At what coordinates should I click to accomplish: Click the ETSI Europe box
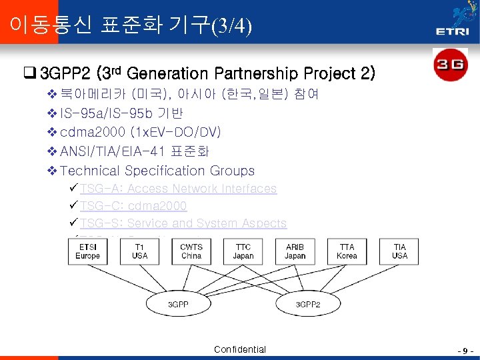pos(88,251)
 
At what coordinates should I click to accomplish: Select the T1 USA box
pos(140,251)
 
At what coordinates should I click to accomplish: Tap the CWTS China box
pos(191,251)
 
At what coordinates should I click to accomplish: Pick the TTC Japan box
pos(243,251)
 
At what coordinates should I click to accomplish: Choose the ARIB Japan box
pos(295,251)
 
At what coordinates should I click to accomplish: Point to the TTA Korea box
pos(347,251)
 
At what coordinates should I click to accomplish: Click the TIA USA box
pos(399,251)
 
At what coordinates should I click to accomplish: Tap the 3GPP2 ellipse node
pos(309,304)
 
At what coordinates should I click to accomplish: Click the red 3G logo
pos(450,65)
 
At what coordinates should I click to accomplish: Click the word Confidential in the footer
pos(240,349)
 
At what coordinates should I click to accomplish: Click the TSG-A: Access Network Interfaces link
pos(178,189)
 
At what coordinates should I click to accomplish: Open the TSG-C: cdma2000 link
pos(133,206)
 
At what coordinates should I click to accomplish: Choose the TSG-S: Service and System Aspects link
pos(183,223)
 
